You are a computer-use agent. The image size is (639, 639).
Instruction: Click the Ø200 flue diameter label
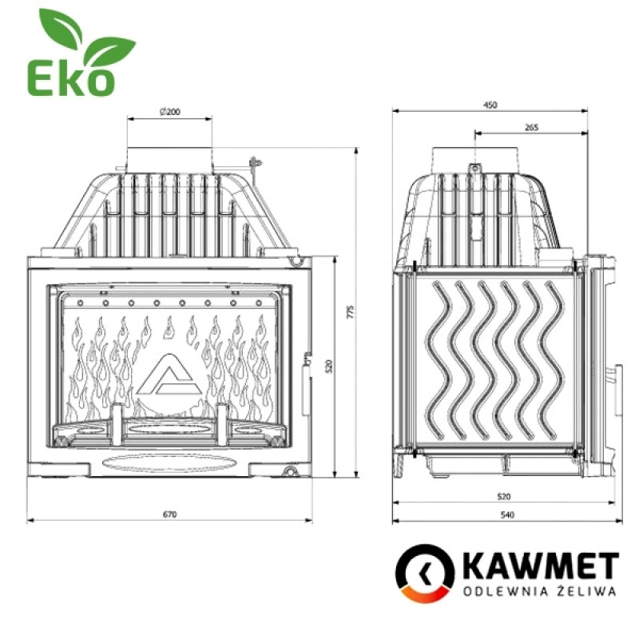pos(169,112)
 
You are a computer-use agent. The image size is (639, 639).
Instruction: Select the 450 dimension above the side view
pos(490,105)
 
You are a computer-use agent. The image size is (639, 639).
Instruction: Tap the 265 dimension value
pos(531,127)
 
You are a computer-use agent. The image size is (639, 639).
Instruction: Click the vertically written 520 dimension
pos(327,367)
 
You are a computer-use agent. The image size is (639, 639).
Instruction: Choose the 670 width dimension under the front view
pos(169,514)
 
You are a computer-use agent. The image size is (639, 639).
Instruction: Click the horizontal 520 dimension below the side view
pos(505,496)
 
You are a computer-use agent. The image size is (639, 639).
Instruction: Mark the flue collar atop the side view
pos(472,156)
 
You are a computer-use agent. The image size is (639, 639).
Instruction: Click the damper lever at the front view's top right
pos(254,164)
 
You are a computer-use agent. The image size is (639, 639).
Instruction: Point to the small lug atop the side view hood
pos(473,169)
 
